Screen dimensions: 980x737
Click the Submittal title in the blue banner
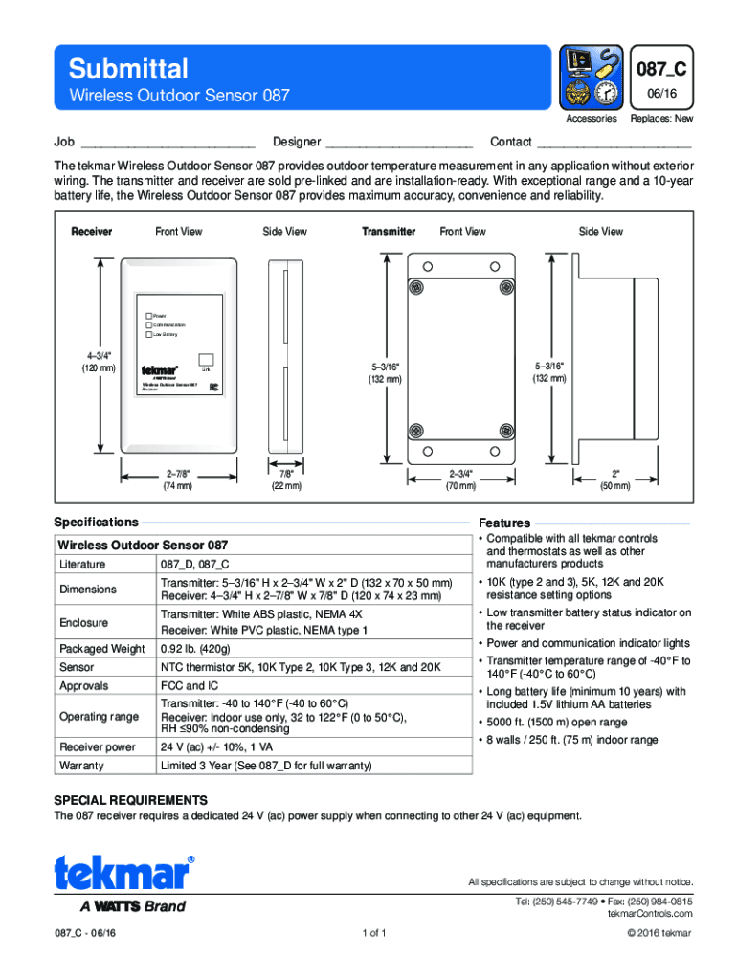pos(128,69)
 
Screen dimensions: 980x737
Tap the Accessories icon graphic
pos(591,79)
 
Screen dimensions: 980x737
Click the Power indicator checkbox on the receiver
pos(148,316)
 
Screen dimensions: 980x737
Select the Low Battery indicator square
pos(148,335)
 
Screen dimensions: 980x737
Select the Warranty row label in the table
pos(81,767)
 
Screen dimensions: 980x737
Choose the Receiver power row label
pos(98,746)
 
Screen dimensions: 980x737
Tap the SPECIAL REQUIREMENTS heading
pos(130,799)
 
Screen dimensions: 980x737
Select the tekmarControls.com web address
pos(650,914)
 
